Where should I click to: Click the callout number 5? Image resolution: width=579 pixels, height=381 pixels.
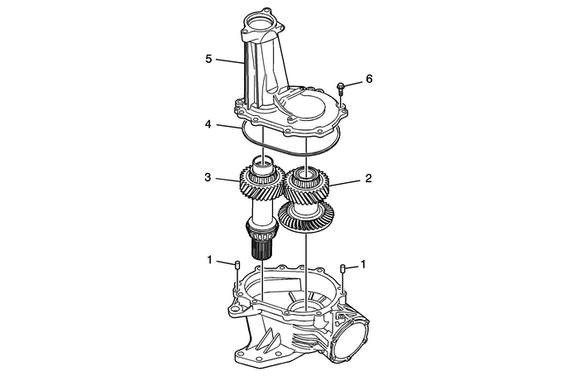click(209, 60)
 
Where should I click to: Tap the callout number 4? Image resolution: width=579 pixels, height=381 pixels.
click(209, 125)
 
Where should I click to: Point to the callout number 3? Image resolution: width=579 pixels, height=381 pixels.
click(209, 177)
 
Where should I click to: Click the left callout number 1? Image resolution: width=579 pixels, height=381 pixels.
click(209, 260)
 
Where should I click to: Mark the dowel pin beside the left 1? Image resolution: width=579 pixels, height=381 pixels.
click(237, 265)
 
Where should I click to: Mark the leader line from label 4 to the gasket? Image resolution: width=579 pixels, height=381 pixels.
click(227, 127)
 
